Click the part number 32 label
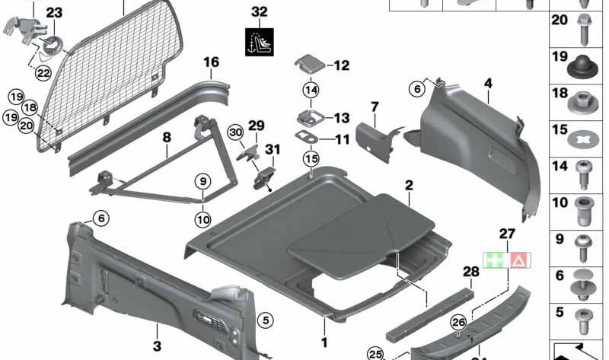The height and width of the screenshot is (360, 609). click(x=260, y=12)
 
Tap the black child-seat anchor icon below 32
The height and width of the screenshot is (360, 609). click(x=260, y=41)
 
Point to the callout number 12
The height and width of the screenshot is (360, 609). click(x=341, y=65)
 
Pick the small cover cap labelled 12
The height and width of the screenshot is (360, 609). click(x=309, y=65)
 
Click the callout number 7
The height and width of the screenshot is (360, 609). click(x=375, y=106)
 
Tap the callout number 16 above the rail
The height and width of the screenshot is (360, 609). click(x=211, y=62)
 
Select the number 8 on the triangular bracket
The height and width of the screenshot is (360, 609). click(x=167, y=138)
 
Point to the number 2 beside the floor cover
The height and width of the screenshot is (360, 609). click(x=409, y=185)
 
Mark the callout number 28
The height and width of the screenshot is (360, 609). click(x=470, y=272)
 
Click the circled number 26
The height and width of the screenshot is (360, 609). click(x=458, y=322)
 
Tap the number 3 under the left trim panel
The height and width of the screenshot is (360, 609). click(x=158, y=347)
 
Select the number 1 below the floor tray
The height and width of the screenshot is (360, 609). click(x=324, y=342)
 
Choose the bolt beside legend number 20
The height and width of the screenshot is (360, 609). click(x=588, y=29)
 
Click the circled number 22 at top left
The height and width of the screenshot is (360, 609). click(x=43, y=72)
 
